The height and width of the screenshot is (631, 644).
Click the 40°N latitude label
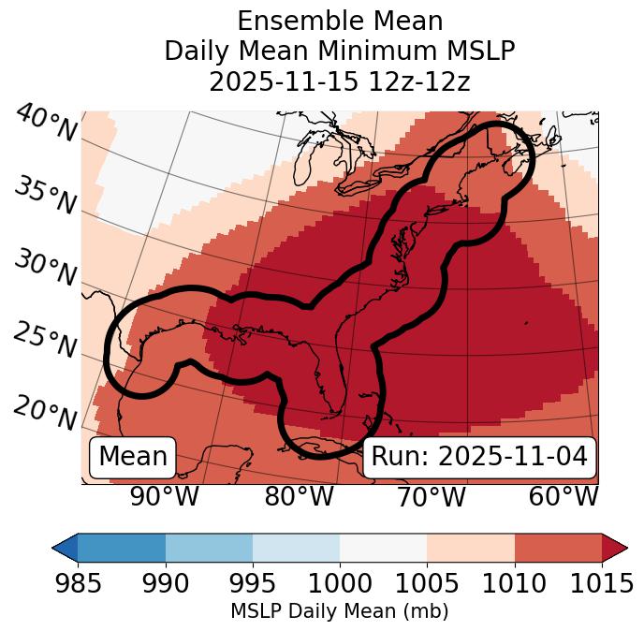(45, 124)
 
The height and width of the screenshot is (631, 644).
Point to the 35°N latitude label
(45, 195)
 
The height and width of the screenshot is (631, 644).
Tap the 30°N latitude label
(45, 269)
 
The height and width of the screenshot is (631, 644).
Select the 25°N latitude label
(45, 341)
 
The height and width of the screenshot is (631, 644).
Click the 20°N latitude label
(45, 411)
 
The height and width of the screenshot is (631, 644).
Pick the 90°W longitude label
(164, 497)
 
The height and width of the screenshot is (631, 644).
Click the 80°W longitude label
(299, 497)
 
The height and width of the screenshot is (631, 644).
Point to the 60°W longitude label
(563, 497)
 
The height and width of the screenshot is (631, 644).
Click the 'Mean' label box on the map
(133, 457)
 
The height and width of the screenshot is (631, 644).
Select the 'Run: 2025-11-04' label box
(479, 457)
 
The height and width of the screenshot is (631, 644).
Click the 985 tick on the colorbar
(78, 583)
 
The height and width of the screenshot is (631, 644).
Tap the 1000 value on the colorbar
(340, 583)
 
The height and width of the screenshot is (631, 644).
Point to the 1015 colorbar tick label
(602, 583)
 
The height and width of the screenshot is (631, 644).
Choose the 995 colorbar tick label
(253, 583)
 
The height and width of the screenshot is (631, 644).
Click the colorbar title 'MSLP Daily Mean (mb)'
(340, 611)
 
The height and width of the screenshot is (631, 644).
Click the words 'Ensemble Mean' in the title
(340, 21)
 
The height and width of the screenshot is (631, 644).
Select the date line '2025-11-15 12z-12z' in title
(340, 81)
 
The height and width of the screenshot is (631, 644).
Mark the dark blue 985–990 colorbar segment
(122, 547)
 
